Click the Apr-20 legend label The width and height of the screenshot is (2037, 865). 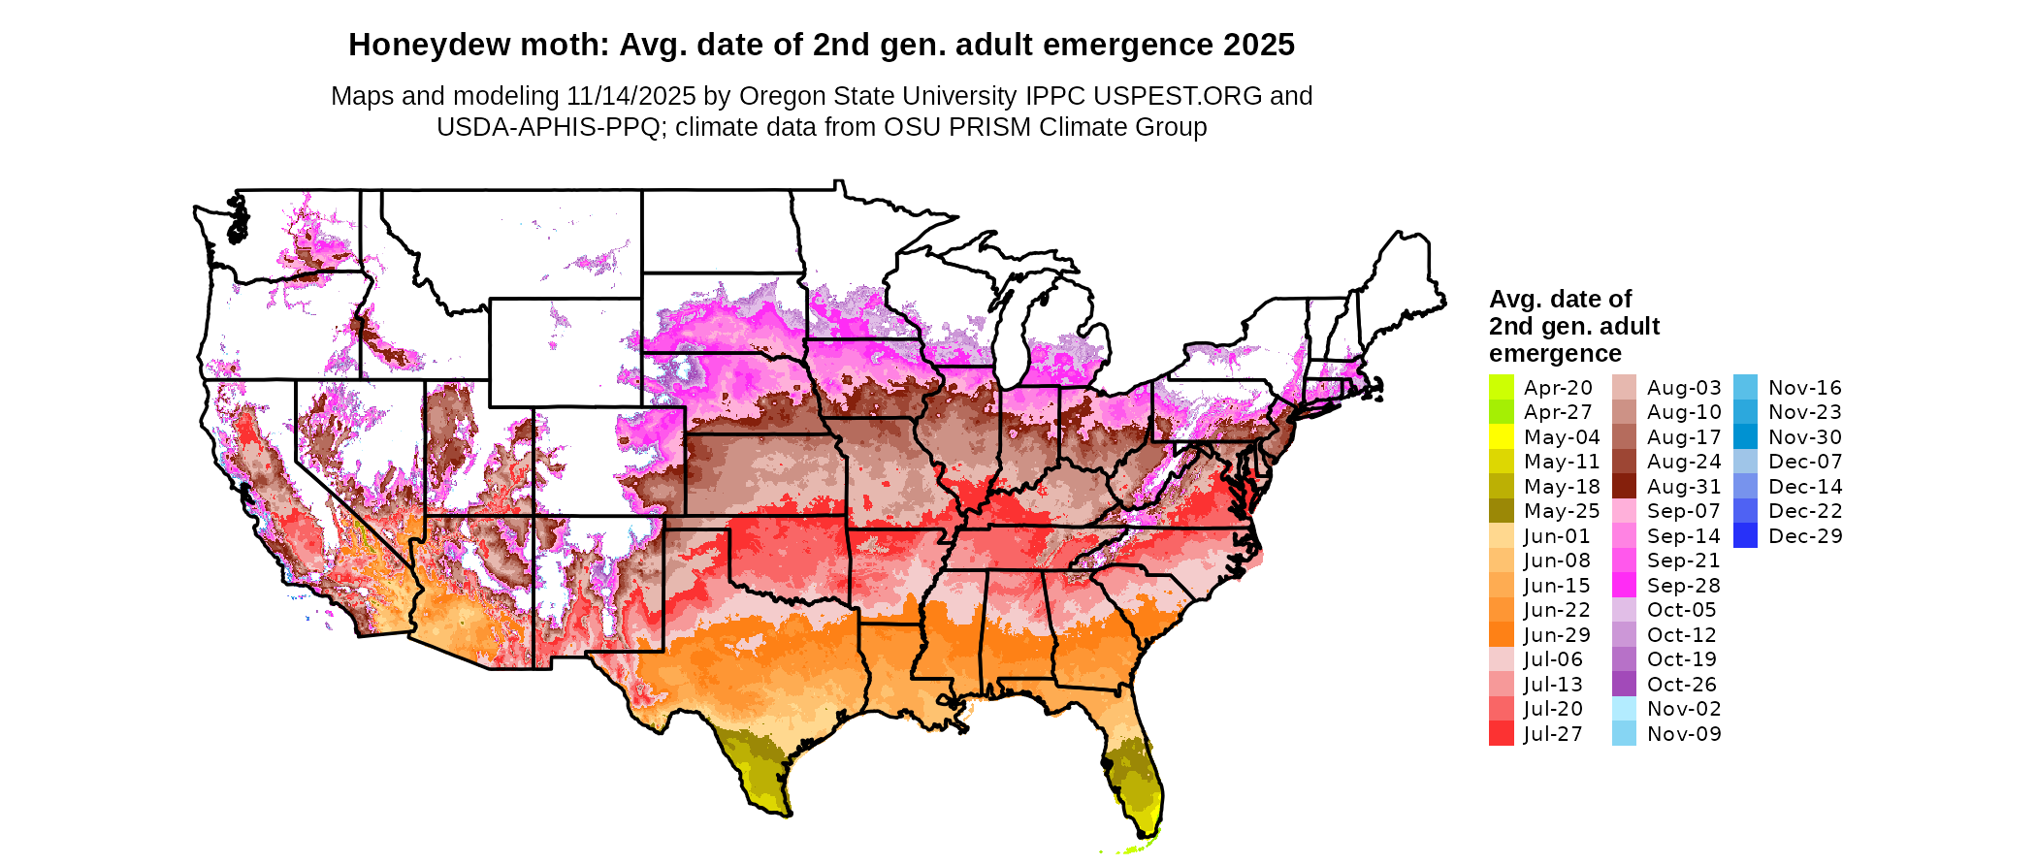pos(1558,388)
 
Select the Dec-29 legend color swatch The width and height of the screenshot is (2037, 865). pos(1745,536)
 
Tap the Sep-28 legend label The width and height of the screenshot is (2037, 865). pos(1683,586)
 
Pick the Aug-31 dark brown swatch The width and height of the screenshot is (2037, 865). pos(1624,487)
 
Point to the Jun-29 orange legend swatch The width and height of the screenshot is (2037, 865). pos(1502,635)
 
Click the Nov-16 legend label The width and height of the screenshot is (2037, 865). pos(1804,388)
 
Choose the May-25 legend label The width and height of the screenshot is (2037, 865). pos(1562,511)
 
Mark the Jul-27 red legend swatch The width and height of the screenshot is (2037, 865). pos(1502,734)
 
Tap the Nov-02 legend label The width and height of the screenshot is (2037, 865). pos(1684,709)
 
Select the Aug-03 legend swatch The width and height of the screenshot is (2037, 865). pos(1624,388)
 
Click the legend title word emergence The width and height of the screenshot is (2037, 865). pos(1555,354)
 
